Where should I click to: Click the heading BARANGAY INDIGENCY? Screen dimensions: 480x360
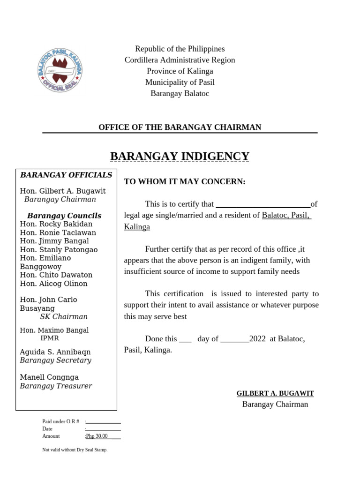coord(180,156)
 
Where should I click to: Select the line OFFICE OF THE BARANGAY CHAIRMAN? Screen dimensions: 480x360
coord(180,127)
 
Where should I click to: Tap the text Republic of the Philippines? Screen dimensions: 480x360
coord(180,49)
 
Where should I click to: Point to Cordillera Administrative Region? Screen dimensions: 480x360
coord(180,60)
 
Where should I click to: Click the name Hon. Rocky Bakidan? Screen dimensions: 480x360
coord(56,224)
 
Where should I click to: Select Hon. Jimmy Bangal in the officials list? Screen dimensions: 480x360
coord(54,241)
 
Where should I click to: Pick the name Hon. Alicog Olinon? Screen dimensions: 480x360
coord(54,283)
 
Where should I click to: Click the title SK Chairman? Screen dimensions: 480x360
coord(64,316)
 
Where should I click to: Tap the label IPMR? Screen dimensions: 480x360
coord(50,337)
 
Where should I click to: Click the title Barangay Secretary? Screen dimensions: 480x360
coord(55,360)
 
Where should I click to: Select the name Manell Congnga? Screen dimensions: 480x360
coord(49,377)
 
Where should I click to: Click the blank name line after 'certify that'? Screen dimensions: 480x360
coord(262,204)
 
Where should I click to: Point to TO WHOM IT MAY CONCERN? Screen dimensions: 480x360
coord(185,181)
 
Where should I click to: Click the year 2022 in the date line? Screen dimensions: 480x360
coord(258,338)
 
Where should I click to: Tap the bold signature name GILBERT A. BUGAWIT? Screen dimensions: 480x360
coord(275,393)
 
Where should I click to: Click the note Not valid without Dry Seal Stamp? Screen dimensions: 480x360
coord(75,450)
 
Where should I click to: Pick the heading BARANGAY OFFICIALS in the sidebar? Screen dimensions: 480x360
coord(66,175)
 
